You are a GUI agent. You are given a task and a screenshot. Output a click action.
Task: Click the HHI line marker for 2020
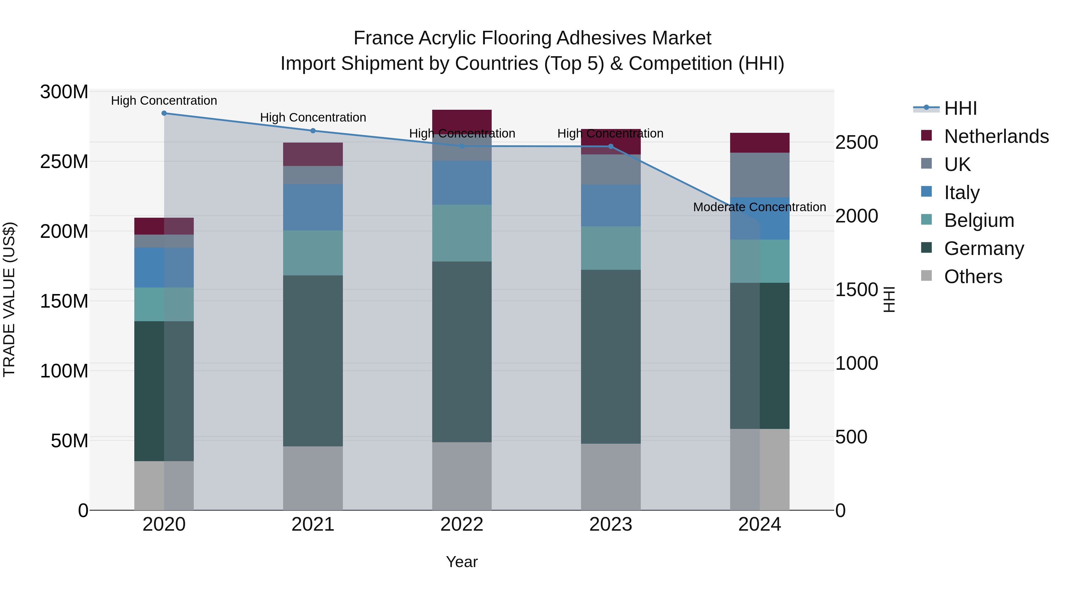(x=164, y=113)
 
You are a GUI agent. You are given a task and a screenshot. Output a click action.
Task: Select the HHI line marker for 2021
(x=313, y=131)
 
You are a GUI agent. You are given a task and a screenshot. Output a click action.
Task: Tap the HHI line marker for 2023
(x=611, y=146)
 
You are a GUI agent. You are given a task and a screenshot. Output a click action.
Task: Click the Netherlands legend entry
(x=996, y=136)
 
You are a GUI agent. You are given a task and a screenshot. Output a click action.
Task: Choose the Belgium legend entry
(x=979, y=220)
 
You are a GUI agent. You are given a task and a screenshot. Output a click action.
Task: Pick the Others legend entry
(x=973, y=277)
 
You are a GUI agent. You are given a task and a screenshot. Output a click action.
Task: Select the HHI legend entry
(x=960, y=108)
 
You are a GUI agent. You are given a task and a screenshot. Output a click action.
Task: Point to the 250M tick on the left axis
(x=64, y=161)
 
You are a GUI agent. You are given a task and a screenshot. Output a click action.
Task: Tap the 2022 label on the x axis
(x=462, y=524)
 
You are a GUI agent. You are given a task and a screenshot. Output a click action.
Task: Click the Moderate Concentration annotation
(x=759, y=207)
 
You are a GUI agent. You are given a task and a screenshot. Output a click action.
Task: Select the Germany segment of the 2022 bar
(x=462, y=351)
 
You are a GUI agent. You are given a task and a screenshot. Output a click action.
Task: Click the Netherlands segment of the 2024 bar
(x=759, y=143)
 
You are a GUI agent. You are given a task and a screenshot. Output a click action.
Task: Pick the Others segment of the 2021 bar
(x=313, y=478)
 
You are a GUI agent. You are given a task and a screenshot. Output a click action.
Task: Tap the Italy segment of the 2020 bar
(x=164, y=267)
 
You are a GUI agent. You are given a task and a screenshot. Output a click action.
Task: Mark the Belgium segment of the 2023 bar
(x=611, y=248)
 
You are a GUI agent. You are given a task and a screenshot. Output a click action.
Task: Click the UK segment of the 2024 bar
(x=759, y=175)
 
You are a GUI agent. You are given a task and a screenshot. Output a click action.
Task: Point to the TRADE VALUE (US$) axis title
(x=9, y=299)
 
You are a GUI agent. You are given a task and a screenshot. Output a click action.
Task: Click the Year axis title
(x=462, y=562)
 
